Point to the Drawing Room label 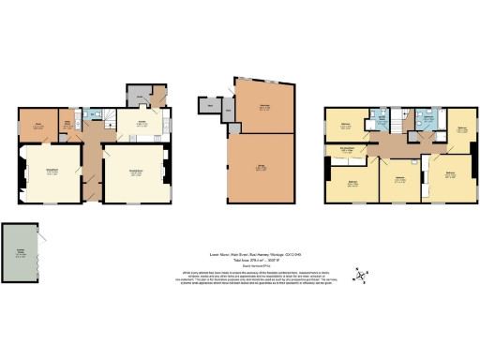pyautogui.click(x=136, y=170)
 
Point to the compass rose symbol pyautogui.click(x=360, y=275)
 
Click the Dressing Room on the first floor pyautogui.click(x=344, y=150)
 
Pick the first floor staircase pyautogui.click(x=402, y=121)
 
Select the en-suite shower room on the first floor pyautogui.click(x=430, y=119)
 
